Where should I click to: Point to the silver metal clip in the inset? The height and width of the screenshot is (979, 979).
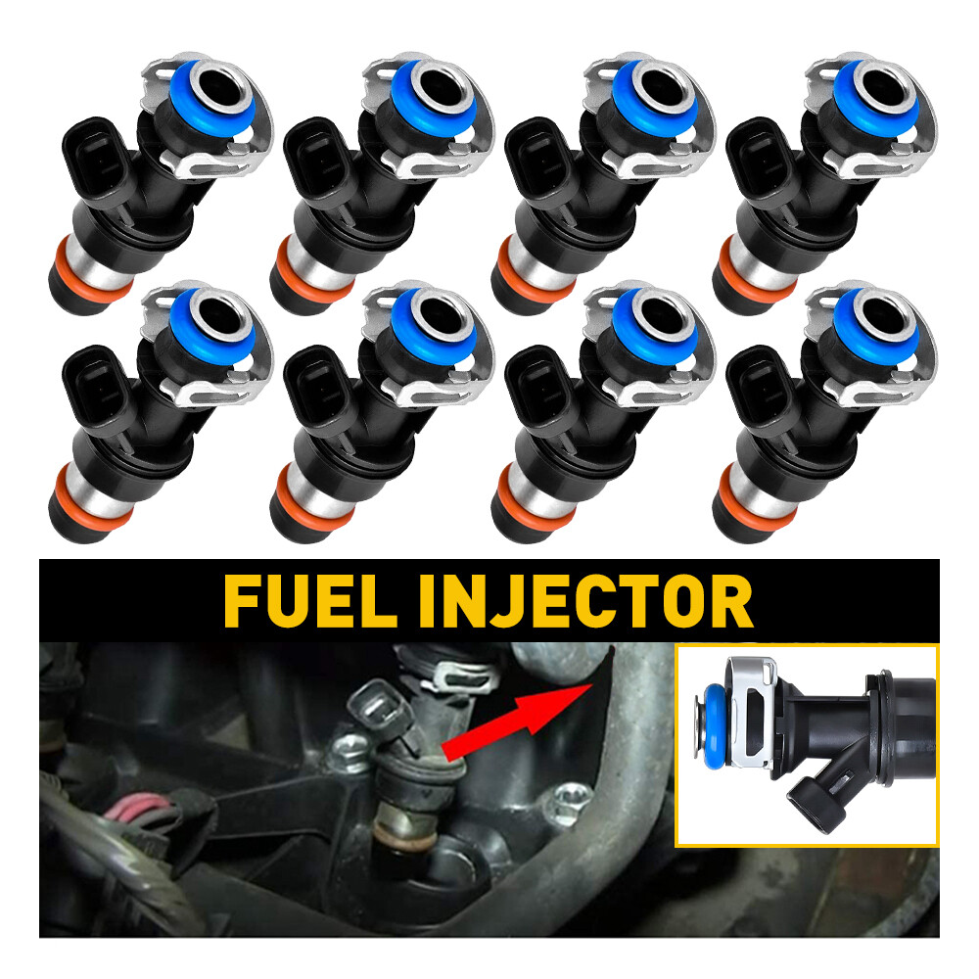(752, 704)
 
